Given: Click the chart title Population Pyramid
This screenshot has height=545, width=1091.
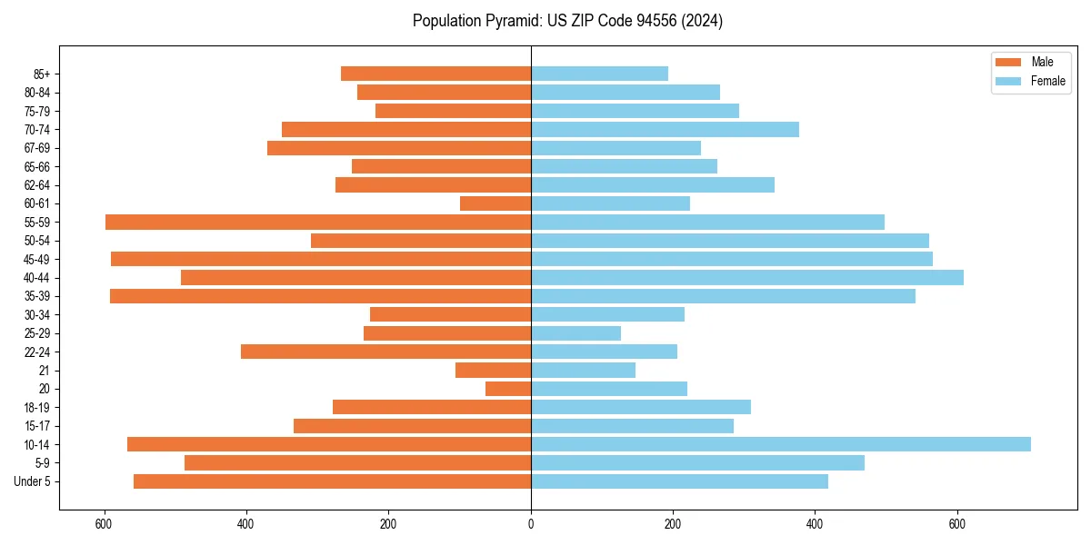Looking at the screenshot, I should (x=567, y=21).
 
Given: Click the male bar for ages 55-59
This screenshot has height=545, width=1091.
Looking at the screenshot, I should (x=318, y=222).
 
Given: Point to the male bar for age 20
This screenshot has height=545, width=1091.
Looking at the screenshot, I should (x=508, y=389).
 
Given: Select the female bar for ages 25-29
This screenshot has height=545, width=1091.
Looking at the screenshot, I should (x=576, y=333).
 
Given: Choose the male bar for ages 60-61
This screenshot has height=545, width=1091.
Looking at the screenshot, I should (x=495, y=203).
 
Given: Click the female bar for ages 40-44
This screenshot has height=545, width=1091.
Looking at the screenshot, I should (x=746, y=277).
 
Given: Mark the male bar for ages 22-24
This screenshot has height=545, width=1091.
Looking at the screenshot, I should (x=385, y=352).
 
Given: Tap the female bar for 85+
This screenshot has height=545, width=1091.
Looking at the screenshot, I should (x=599, y=74).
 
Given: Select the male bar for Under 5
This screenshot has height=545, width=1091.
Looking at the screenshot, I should (x=332, y=481).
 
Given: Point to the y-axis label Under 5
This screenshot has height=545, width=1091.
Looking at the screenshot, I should (x=33, y=481).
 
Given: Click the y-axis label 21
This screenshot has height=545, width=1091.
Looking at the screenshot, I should (x=45, y=371).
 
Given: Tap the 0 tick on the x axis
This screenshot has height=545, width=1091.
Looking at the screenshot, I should (x=531, y=523).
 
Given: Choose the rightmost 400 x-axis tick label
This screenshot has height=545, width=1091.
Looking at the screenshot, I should (x=815, y=523).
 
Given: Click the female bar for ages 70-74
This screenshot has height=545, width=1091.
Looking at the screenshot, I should (x=665, y=129).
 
